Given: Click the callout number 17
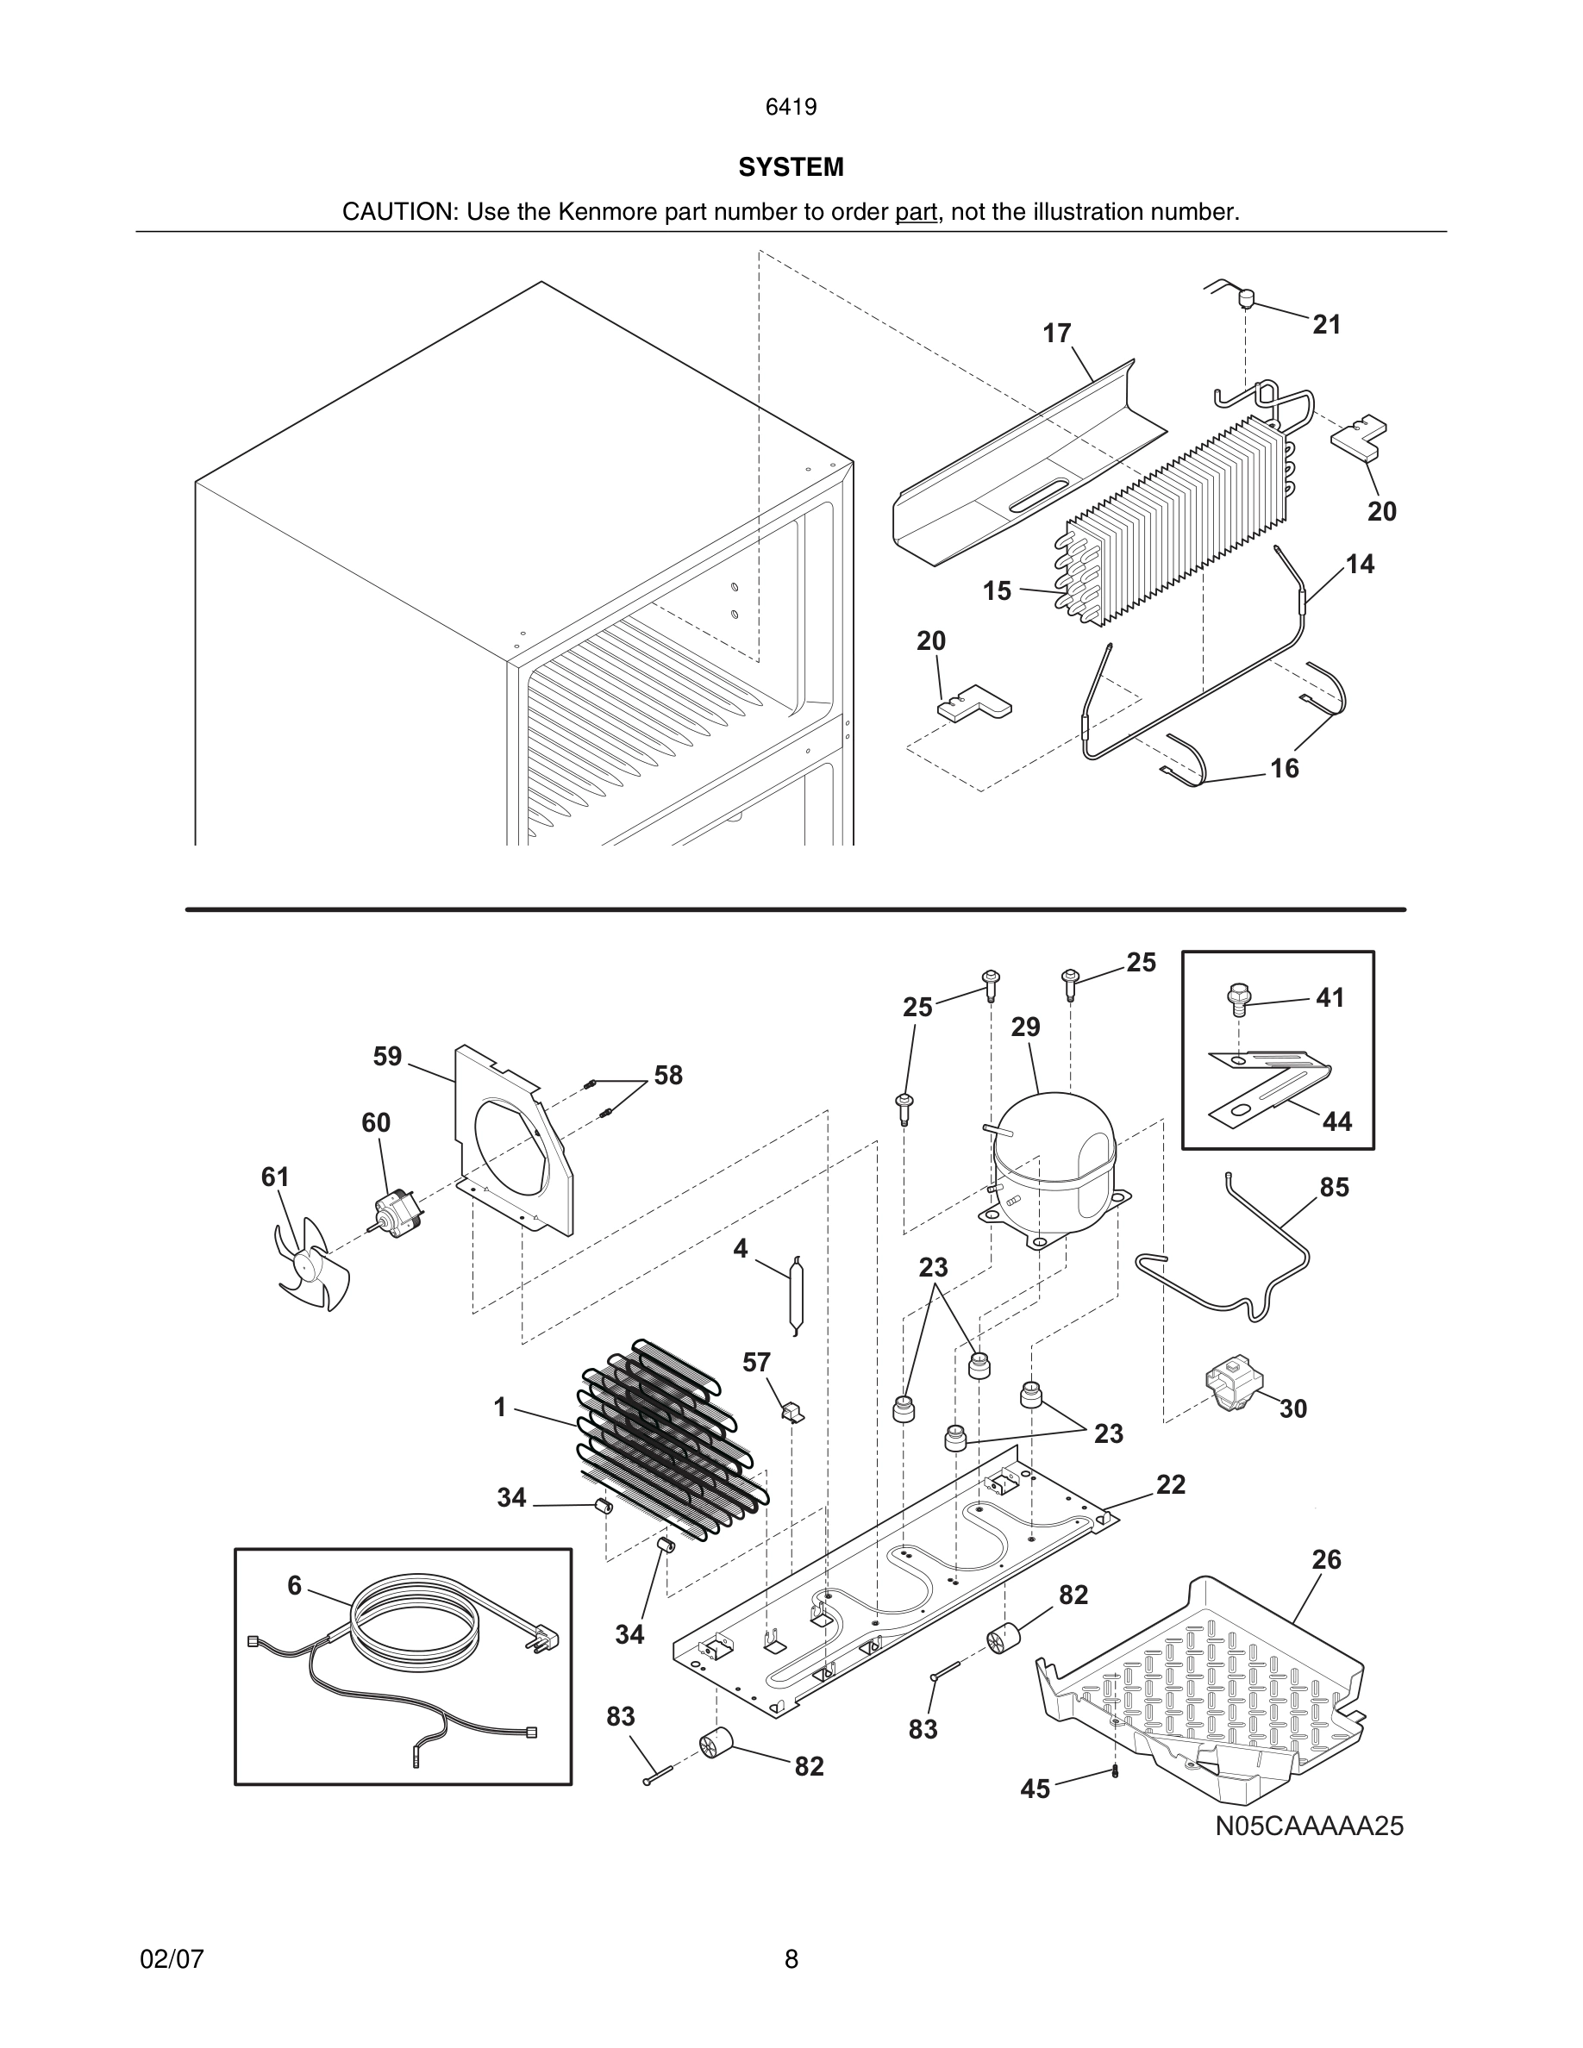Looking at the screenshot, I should (1056, 334).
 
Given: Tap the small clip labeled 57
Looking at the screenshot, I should (792, 1411).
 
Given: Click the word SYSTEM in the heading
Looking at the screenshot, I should (791, 168).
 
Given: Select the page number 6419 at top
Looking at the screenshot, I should (791, 108).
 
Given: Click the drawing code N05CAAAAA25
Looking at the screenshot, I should (1309, 1845).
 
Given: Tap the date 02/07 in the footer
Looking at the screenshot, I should (172, 1959).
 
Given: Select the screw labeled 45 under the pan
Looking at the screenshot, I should (1115, 1770).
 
